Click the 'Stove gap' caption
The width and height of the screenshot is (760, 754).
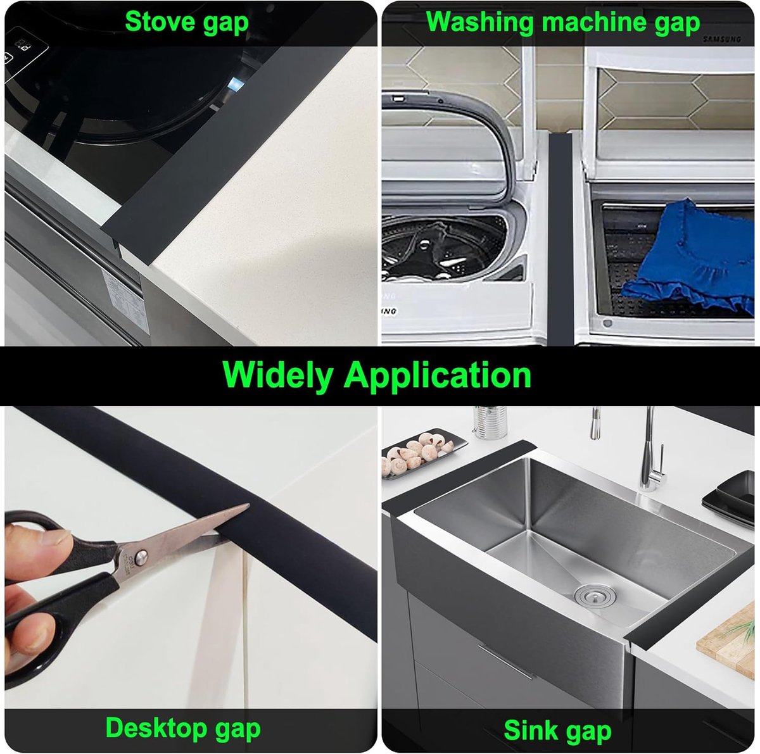point(187,22)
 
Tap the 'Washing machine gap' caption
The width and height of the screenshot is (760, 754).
point(563,22)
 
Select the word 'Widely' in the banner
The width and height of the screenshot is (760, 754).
point(277,375)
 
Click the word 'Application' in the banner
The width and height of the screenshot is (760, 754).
point(438,375)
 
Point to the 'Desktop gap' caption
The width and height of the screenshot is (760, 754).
point(183,728)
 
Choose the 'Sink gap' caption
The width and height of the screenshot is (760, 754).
point(557,731)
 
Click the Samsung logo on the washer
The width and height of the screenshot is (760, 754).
point(721,39)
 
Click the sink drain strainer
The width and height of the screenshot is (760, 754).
point(588,594)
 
